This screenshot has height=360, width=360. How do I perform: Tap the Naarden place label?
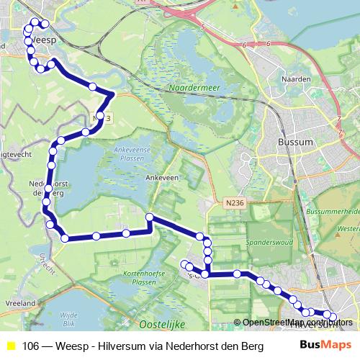point(298,78)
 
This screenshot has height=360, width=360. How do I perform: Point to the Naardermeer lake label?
point(189,89)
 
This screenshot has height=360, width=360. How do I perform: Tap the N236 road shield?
point(234,204)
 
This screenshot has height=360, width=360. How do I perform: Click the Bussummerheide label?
point(333,213)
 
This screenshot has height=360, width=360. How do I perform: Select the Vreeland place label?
point(20,305)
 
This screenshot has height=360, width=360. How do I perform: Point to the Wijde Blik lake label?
point(69,318)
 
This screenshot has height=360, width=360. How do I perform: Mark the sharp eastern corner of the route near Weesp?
point(114,94)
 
